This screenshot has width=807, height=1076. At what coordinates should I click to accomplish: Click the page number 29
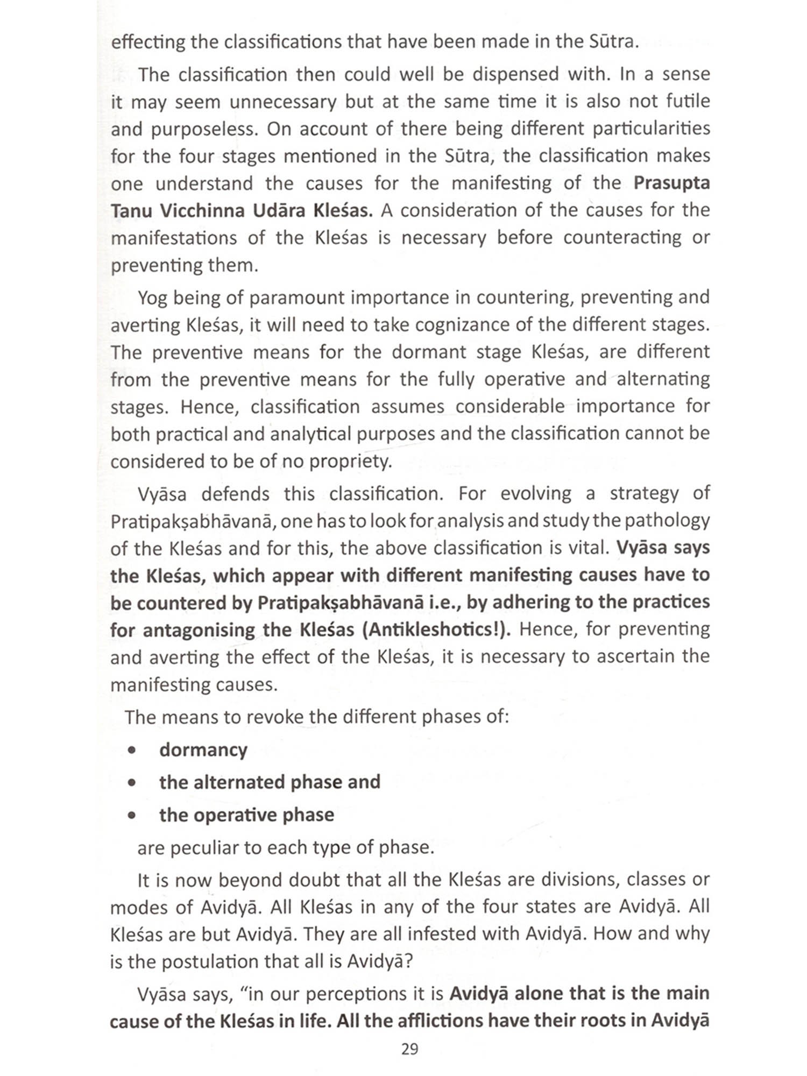[x=409, y=1049]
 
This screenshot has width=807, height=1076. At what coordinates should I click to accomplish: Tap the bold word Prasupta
[x=671, y=183]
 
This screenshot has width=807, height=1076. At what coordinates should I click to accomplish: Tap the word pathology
[x=672, y=521]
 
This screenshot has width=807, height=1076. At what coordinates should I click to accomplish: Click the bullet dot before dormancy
[x=132, y=751]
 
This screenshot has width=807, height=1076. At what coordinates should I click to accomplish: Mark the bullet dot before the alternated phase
[x=132, y=783]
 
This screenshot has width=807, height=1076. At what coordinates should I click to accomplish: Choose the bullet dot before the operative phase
[x=132, y=816]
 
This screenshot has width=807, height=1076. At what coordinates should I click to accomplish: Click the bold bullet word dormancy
[x=203, y=750]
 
